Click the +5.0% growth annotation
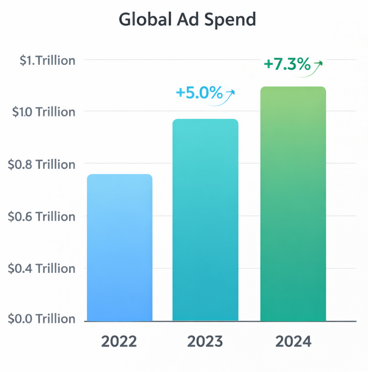199,93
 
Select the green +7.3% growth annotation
286,64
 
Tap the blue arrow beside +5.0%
230,94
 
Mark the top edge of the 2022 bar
119,175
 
